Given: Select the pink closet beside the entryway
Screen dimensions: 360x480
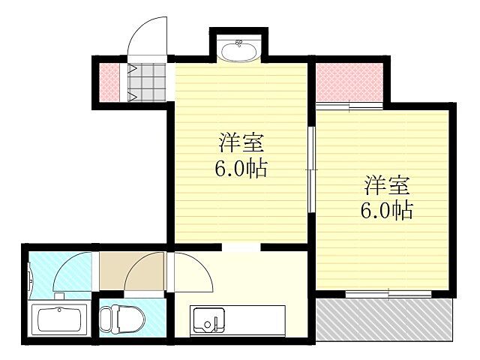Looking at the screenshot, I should pos(109,80).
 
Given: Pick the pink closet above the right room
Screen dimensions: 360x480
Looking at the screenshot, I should pos(349,81).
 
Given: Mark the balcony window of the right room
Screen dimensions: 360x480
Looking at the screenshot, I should pos(388,292).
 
